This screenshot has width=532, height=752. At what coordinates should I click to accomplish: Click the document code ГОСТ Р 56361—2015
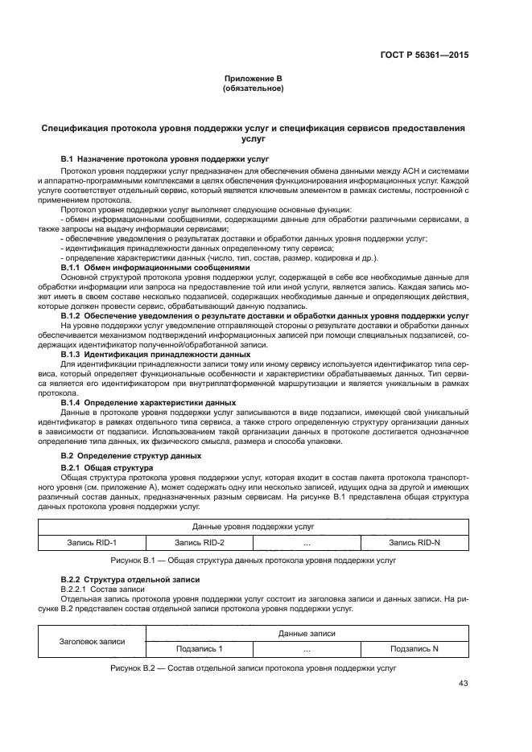coord(424,55)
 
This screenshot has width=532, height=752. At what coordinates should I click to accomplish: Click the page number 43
coord(463,684)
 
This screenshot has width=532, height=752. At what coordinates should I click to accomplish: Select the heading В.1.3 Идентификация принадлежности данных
coord(155,354)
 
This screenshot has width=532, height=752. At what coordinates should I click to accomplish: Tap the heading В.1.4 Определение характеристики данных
coord(148,402)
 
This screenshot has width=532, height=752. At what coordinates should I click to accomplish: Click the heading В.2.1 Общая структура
coord(107,467)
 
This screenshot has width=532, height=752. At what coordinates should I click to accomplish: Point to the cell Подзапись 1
coord(199,648)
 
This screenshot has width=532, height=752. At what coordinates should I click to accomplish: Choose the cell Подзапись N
coord(414,648)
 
